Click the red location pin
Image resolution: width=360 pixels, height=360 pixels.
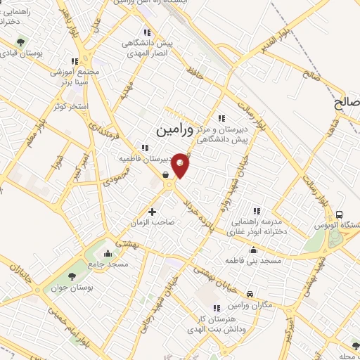[x=181, y=165]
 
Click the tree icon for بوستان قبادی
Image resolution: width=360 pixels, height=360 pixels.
[x=20, y=41]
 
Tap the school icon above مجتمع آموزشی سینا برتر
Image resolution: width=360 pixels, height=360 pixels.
[x=75, y=61]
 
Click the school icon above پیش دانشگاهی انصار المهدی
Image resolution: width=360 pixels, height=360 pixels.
[x=147, y=32]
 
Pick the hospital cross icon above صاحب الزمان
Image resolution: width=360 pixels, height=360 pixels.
[x=152, y=211]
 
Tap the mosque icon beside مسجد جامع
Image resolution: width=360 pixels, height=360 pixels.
[x=108, y=254]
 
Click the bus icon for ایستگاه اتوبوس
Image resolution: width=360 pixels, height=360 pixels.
[x=340, y=214]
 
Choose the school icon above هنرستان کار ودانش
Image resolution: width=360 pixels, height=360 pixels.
[x=217, y=308]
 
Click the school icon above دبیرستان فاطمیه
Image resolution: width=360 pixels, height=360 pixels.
[x=146, y=148]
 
